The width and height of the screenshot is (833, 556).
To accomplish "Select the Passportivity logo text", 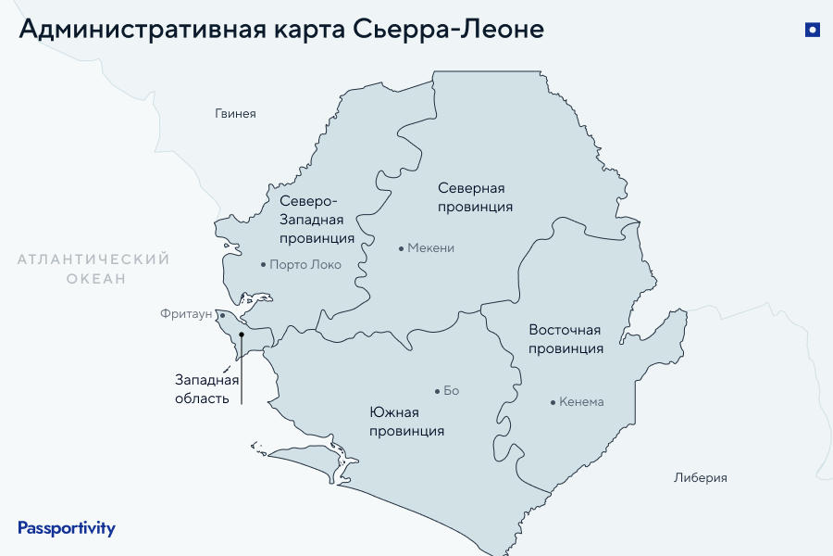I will (67, 528).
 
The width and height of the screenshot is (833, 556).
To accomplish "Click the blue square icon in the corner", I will (813, 30).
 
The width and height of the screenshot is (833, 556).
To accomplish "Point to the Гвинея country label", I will (235, 114).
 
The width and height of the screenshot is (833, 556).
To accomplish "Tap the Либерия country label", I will (701, 478).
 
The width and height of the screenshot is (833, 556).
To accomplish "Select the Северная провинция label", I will (475, 197).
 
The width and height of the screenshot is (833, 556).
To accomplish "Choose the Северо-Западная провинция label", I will (317, 220).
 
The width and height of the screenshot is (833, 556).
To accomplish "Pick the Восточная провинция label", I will (566, 339).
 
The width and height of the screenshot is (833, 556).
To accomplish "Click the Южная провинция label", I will (406, 422).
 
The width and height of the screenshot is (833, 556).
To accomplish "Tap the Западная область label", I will (207, 389).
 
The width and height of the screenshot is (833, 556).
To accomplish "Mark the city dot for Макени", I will (401, 248).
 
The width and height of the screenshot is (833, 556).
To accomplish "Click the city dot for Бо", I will (437, 391).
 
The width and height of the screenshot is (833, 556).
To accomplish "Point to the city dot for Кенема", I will (553, 402).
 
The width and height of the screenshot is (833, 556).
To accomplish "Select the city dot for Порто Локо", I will (263, 265).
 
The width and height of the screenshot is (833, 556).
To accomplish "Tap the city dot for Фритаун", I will (222, 315).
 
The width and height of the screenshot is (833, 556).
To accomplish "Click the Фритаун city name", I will (187, 315).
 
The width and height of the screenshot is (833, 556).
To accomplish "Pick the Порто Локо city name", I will (305, 265).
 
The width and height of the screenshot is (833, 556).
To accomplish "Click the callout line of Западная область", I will (242, 371).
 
